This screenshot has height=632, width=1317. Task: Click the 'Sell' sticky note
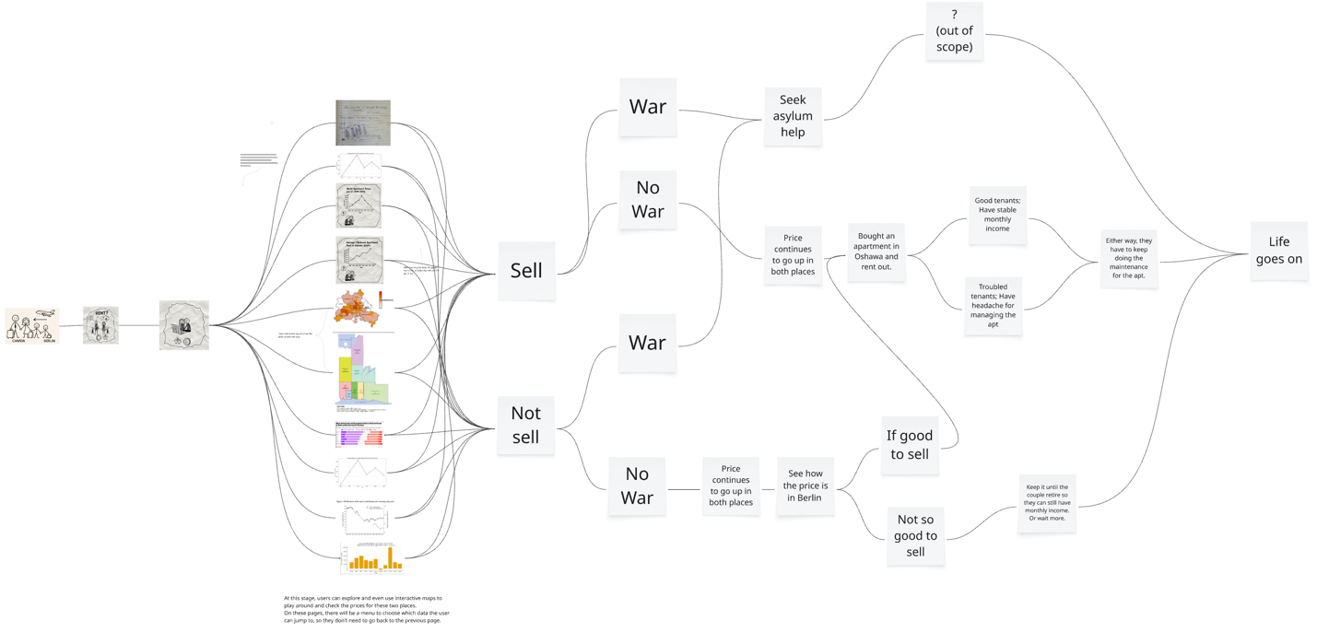coord(526,271)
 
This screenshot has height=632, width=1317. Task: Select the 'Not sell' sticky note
coord(525,425)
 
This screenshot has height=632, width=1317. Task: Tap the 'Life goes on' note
coord(1278,250)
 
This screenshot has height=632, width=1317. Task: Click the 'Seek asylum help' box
coord(793,116)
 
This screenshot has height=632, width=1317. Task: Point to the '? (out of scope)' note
coord(954,31)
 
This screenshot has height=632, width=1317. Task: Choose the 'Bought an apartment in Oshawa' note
coord(876,252)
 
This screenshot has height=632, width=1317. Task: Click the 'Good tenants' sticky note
coord(997,215)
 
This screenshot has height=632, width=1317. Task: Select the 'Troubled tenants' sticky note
coord(993,305)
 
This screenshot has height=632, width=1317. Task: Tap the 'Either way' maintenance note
coord(1128,258)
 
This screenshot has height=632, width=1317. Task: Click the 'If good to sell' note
coord(909,445)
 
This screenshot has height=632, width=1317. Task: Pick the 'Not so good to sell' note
coord(915,535)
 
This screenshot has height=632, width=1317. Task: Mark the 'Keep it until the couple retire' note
coord(1047,503)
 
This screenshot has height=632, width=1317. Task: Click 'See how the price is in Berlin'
coord(805,486)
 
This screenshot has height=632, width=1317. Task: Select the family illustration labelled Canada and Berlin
coord(32,326)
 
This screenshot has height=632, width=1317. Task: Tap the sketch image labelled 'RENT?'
coord(100,325)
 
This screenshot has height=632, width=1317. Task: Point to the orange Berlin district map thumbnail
coord(358,309)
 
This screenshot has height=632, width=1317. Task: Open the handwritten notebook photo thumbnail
coord(363,123)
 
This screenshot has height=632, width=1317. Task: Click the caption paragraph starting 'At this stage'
coord(367,609)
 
